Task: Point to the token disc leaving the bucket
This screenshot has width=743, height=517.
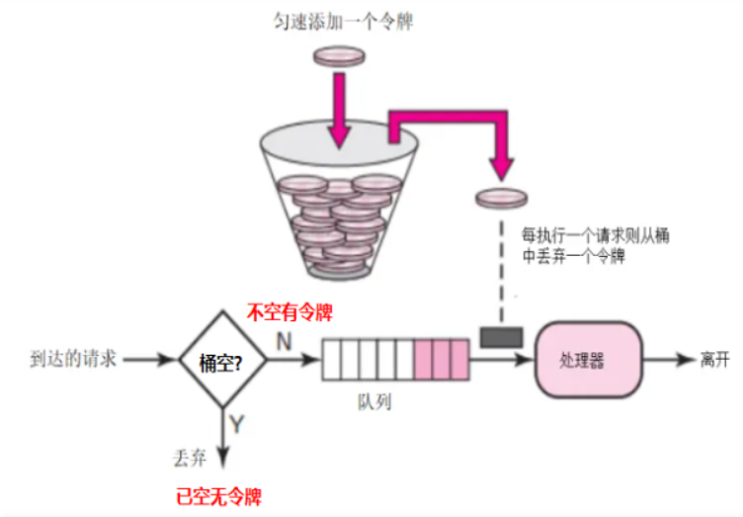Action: tap(501, 198)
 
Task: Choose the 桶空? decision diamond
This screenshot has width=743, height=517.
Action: tap(222, 360)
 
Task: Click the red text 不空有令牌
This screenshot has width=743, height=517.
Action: tap(289, 313)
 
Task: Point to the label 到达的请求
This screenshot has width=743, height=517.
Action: tap(74, 359)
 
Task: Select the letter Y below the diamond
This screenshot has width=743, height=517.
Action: tap(237, 425)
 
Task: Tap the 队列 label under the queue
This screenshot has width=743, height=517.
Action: tap(375, 405)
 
